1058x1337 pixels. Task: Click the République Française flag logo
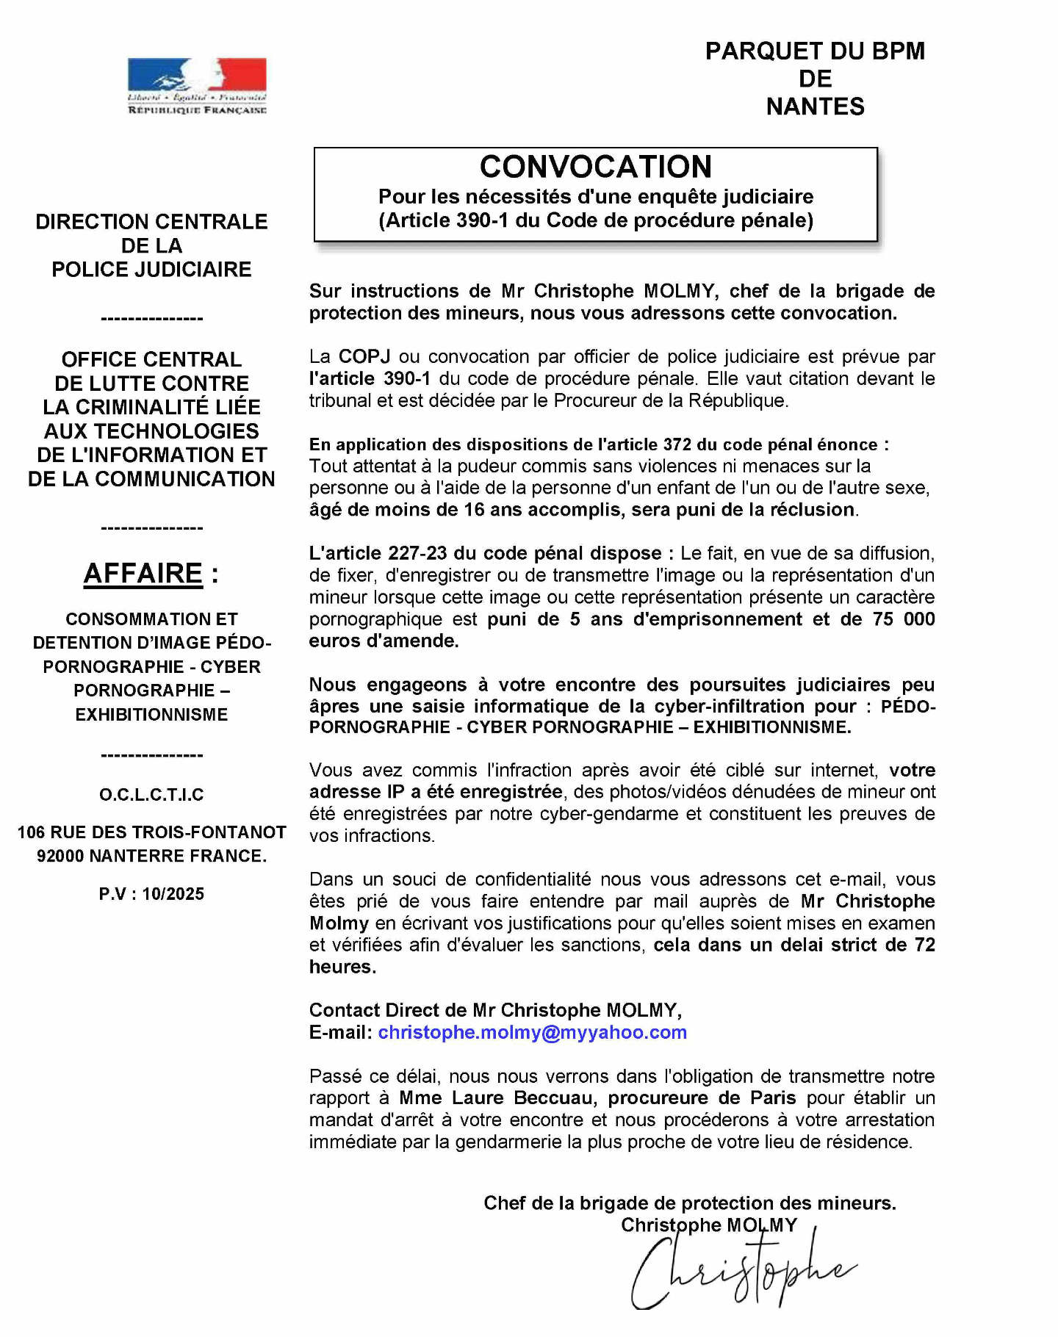point(197,85)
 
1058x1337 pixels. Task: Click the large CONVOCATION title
point(595,167)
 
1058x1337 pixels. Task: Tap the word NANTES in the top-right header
point(815,107)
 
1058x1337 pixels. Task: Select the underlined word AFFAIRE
point(143,573)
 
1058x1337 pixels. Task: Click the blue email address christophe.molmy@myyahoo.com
point(532,1032)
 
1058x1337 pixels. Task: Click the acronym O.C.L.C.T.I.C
point(151,794)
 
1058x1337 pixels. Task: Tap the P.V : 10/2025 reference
point(151,894)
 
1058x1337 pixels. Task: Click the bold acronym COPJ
point(364,356)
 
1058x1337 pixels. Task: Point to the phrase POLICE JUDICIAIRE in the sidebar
point(151,270)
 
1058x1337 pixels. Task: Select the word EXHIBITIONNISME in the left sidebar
point(151,714)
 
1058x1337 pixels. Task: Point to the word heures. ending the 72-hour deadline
point(342,967)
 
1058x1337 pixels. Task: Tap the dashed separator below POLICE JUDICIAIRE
point(151,319)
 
